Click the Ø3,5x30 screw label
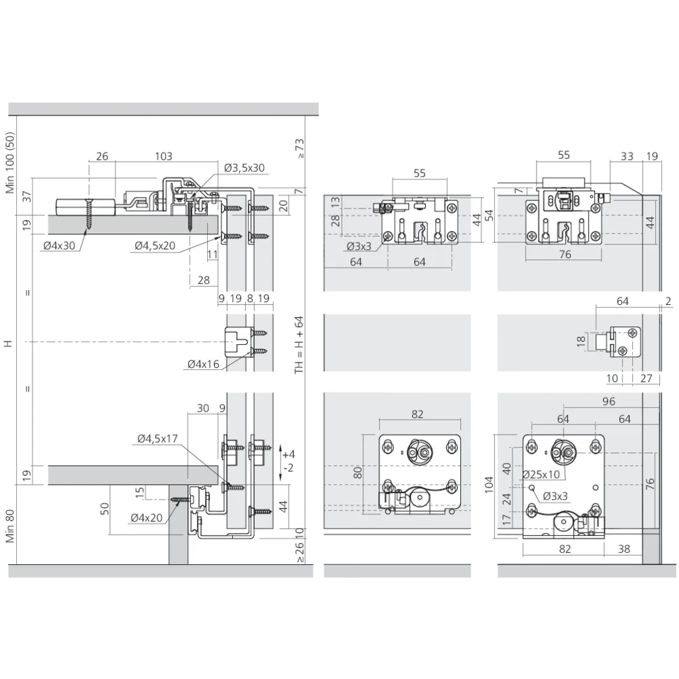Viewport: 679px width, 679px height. (x=244, y=168)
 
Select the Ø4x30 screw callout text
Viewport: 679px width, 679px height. (x=59, y=246)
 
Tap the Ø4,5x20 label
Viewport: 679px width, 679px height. (x=155, y=246)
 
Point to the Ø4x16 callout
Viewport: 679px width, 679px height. (x=204, y=364)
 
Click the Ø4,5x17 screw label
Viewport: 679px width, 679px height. (x=158, y=439)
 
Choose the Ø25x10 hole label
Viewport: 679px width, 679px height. (x=541, y=474)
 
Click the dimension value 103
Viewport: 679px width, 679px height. (x=163, y=156)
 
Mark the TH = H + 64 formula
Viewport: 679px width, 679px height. (x=299, y=345)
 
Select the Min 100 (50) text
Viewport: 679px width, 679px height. (x=10, y=162)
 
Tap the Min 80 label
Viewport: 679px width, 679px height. (x=10, y=526)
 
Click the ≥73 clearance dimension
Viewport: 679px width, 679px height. (x=299, y=149)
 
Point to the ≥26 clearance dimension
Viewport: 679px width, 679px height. (x=299, y=553)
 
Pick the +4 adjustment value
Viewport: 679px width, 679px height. (x=289, y=454)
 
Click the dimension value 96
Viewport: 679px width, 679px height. (x=608, y=401)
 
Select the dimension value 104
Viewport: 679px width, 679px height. (x=489, y=485)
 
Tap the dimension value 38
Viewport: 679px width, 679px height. (x=624, y=549)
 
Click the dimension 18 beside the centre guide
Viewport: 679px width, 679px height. (x=581, y=342)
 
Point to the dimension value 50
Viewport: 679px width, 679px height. (x=105, y=509)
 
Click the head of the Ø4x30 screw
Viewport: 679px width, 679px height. (x=89, y=200)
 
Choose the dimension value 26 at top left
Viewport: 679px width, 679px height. (x=102, y=156)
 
